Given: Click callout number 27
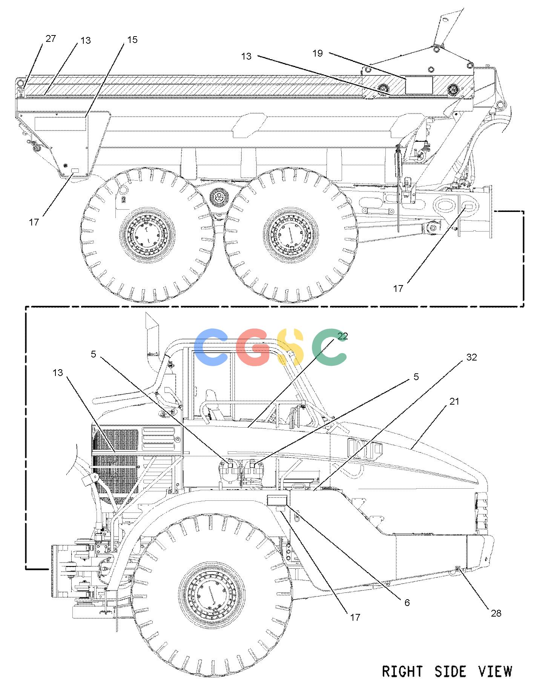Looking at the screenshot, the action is pyautogui.click(x=51, y=38).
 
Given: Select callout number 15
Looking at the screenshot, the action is pyautogui.click(x=132, y=40).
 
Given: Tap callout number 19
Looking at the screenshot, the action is pyautogui.click(x=318, y=53).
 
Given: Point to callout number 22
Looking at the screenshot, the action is pyautogui.click(x=343, y=336).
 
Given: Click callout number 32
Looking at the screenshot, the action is pyautogui.click(x=472, y=357).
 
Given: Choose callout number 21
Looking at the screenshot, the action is pyautogui.click(x=454, y=401).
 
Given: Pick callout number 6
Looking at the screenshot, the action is pyautogui.click(x=407, y=602).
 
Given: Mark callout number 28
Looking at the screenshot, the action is pyautogui.click(x=496, y=613).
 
